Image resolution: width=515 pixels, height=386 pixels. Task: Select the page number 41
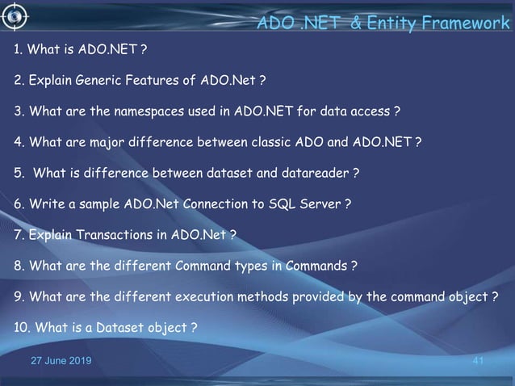tap(476, 360)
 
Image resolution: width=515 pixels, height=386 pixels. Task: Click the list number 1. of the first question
tap(18, 51)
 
